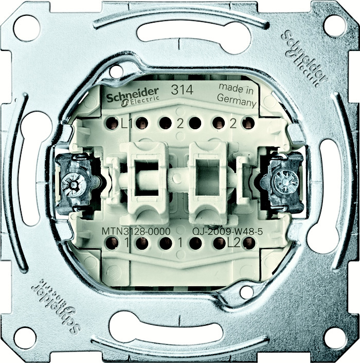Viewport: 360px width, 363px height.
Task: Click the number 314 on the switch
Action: point(182,90)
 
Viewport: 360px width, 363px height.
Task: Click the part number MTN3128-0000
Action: point(136,231)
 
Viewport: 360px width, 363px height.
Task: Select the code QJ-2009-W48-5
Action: point(228,231)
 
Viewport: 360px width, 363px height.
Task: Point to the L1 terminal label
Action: point(127,125)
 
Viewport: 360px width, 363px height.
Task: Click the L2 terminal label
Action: point(234,244)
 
